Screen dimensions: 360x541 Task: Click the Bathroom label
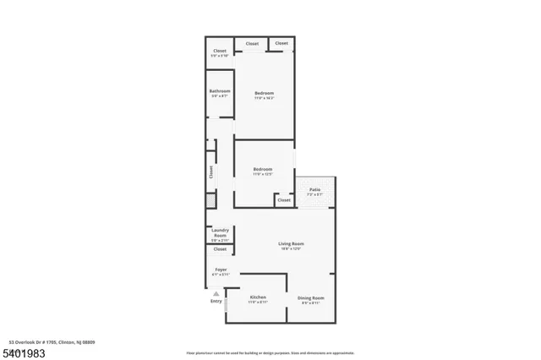tap(221, 90)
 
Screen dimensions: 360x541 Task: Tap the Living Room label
tap(292, 244)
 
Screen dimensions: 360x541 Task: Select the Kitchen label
tap(258, 297)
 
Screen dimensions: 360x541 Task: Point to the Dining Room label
tap(310, 297)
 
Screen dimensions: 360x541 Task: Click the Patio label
tap(314, 189)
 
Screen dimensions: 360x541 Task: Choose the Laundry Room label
tap(220, 232)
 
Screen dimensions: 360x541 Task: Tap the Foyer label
tap(220, 270)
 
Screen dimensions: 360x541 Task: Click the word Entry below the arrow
tap(216, 302)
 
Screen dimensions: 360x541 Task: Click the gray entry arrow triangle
tap(216, 293)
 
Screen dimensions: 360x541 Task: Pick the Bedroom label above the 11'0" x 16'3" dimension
tap(265, 93)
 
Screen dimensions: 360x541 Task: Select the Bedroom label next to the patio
tap(263, 170)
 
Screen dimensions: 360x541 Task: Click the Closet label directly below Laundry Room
tap(220, 249)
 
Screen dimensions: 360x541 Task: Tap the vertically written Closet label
tap(211, 172)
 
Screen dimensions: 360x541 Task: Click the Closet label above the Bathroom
tap(220, 51)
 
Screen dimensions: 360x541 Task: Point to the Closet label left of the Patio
tap(283, 200)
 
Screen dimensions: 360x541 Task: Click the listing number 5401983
tap(25, 350)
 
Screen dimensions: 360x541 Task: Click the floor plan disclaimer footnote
tap(270, 352)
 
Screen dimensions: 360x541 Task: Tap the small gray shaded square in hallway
tap(211, 200)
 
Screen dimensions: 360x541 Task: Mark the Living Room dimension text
tap(292, 249)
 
